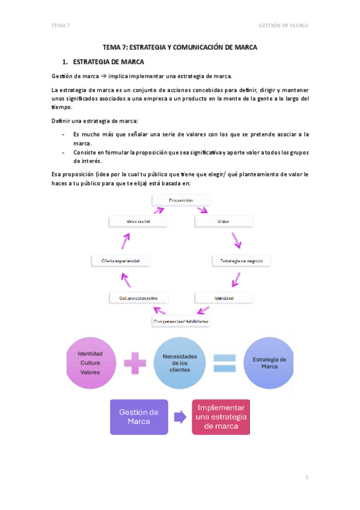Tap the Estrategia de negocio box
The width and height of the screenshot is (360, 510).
(242, 260)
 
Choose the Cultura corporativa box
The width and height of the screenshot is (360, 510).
(138, 297)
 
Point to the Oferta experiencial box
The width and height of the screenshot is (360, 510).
(120, 260)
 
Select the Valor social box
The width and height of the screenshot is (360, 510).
(138, 221)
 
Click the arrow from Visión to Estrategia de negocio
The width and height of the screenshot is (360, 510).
(237, 241)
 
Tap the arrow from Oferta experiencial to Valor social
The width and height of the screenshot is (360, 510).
(125, 241)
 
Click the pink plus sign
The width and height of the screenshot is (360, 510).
(136, 363)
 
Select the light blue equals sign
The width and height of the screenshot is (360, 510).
(224, 364)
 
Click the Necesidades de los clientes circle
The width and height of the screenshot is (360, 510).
(180, 363)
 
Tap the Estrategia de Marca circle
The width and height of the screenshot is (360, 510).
(269, 363)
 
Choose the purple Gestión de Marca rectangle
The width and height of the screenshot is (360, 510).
(139, 416)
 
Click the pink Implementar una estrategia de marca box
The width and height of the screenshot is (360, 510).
(221, 416)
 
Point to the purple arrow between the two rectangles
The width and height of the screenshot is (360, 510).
(180, 416)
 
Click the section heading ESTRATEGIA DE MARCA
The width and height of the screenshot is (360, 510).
(108, 61)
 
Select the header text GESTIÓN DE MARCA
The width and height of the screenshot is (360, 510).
(283, 25)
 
